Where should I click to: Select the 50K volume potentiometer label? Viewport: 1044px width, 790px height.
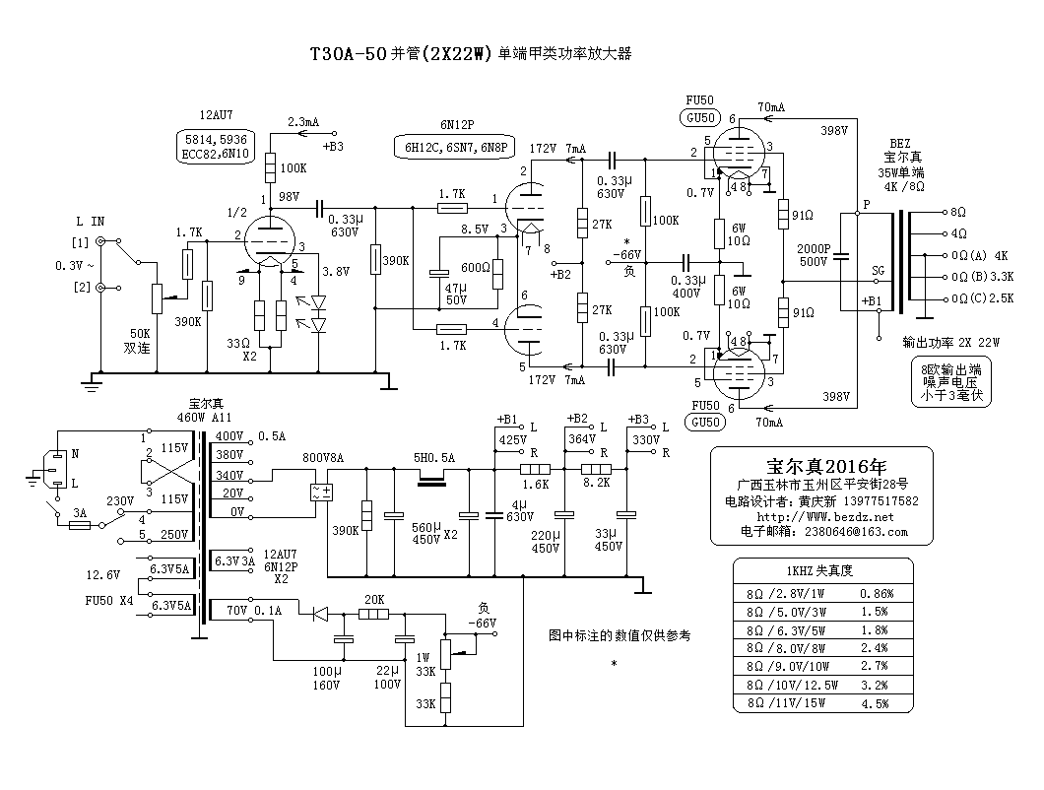pos(138,335)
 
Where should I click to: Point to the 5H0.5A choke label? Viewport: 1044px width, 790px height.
pos(433,458)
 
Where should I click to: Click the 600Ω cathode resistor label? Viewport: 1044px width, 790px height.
pos(476,267)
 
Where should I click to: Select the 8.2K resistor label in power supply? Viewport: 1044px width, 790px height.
pos(597,484)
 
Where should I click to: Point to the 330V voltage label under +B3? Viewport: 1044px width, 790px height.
pos(646,439)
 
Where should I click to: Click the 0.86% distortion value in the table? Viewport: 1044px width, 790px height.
pos(877,594)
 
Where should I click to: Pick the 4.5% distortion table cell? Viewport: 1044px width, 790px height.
pos(875,703)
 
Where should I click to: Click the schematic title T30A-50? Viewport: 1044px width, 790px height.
pos(341,55)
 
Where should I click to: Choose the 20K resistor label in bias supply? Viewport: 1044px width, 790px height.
pos(373,599)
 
